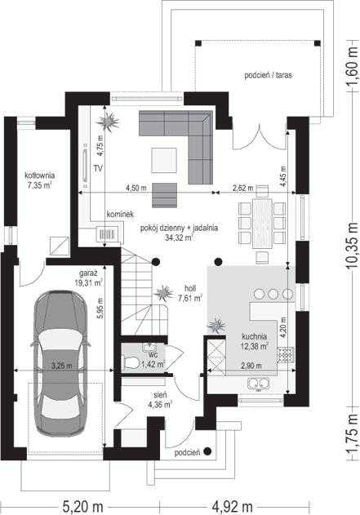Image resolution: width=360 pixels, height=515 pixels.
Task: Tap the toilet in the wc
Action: click(131, 363)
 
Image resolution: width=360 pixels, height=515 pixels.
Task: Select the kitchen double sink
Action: click(259, 383)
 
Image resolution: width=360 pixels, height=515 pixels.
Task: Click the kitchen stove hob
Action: click(286, 355)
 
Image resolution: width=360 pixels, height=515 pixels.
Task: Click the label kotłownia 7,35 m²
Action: click(40, 180)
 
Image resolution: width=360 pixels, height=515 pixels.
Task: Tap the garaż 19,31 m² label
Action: click(89, 277)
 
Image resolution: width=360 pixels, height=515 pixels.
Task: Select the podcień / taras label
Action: click(268, 75)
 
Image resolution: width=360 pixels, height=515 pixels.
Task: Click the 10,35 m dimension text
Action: click(352, 246)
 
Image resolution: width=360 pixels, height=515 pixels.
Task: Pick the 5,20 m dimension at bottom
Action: click(82, 507)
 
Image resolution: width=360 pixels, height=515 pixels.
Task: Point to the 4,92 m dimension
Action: click(232, 507)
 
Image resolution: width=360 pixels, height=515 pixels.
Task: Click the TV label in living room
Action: click(98, 169)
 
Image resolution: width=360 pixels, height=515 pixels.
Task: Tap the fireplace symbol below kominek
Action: click(106, 234)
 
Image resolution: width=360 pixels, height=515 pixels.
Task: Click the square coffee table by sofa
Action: click(164, 160)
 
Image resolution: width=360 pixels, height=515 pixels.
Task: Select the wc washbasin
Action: click(149, 347)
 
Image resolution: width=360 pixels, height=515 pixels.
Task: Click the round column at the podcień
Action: click(207, 451)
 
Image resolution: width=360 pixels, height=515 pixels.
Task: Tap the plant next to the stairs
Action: click(163, 293)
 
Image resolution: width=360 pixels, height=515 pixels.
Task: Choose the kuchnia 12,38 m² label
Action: click(255, 341)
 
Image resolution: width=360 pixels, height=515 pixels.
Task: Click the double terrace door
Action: click(260, 137)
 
